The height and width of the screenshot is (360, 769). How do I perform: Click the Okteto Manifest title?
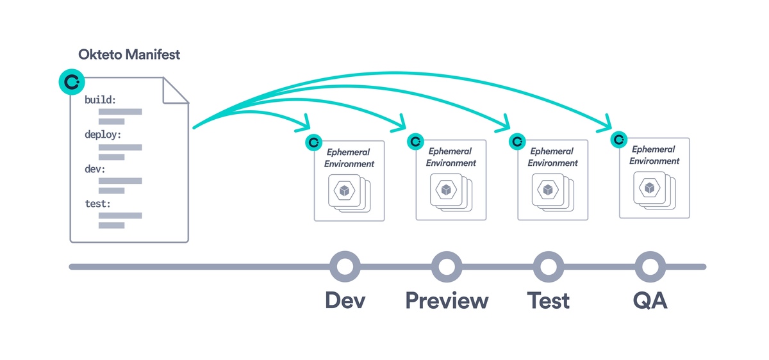coord(129,54)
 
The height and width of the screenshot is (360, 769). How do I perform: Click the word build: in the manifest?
coord(101,101)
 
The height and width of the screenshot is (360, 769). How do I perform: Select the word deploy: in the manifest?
coord(103,135)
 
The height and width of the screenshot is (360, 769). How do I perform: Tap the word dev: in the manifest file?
coord(95,170)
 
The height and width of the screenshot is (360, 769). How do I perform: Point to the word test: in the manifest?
coord(97,204)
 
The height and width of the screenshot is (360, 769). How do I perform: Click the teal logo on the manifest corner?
coord(72,82)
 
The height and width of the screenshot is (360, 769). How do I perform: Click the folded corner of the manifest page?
coord(176,90)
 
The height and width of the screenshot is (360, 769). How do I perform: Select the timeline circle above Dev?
coord(345,266)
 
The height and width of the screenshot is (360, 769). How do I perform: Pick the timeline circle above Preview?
coord(447,266)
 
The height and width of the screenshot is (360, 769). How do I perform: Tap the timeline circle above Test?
coord(549,266)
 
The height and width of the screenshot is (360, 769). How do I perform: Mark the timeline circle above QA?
coord(650,266)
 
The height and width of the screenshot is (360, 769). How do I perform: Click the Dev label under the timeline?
coord(345,300)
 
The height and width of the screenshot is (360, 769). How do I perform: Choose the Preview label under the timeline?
coord(447,300)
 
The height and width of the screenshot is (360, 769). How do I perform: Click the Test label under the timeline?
coord(549,300)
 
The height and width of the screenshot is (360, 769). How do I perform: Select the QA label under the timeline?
coord(650,300)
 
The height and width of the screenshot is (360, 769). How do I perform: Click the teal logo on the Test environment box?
coord(517,142)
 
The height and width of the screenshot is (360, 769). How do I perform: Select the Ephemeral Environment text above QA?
coord(654,155)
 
